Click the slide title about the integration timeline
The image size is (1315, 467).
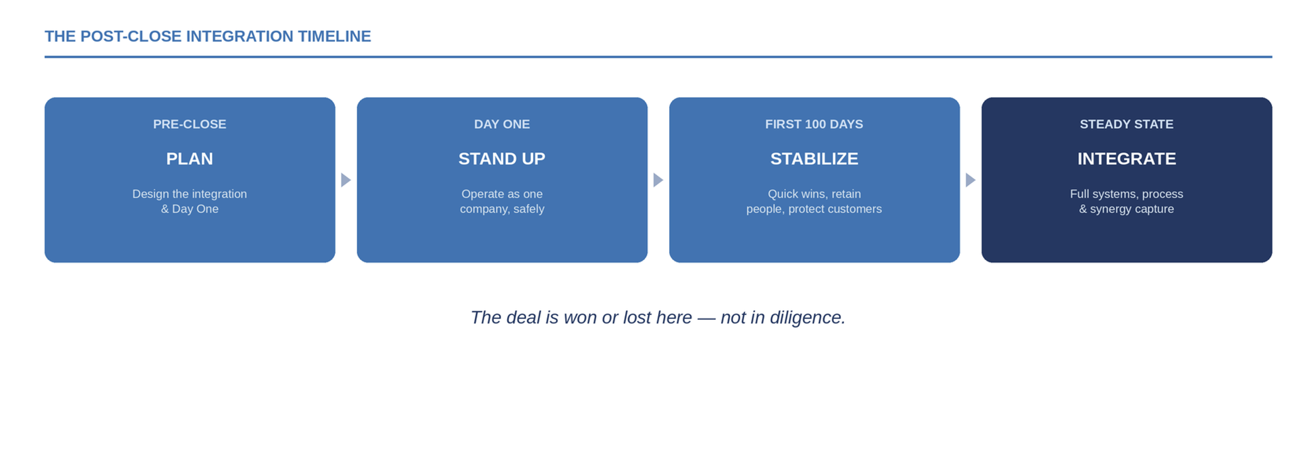pos(208,36)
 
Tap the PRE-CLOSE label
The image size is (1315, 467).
pos(190,124)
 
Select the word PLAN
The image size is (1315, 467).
pos(190,158)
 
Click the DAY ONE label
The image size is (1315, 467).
pos(502,124)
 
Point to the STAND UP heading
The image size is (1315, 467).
pos(502,158)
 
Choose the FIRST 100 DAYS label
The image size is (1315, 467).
pos(814,124)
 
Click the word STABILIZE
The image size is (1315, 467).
pos(814,158)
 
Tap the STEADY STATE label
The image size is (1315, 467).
pos(1126,124)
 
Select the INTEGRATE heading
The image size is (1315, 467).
pos(1126,158)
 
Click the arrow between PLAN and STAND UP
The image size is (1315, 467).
pos(346,180)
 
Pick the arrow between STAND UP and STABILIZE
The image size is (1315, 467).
pos(658,180)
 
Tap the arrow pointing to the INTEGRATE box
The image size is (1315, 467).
pos(971,180)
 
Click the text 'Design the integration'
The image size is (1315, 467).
pos(190,194)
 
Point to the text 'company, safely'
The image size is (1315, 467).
pos(502,209)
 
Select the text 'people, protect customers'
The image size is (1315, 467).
pos(814,209)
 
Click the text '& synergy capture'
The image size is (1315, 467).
pos(1126,209)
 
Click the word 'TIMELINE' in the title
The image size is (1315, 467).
pos(335,36)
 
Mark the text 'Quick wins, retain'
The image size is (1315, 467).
pos(814,194)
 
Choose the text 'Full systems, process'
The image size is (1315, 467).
pos(1126,194)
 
